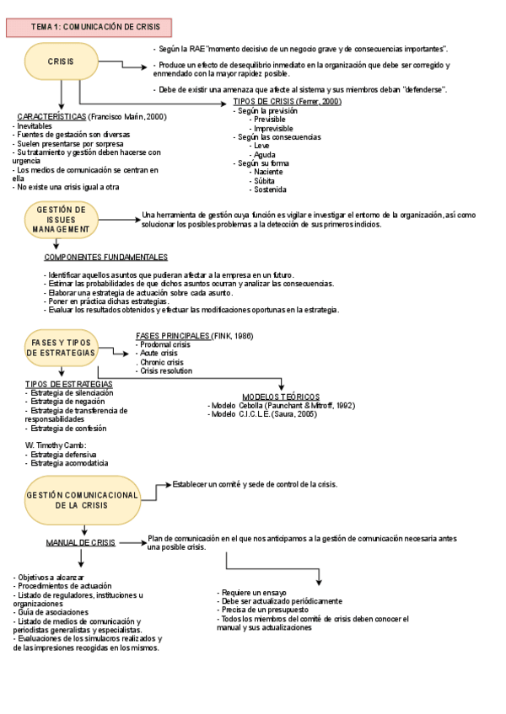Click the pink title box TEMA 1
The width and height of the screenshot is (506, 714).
point(89,27)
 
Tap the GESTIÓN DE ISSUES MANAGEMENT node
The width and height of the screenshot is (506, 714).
point(61,219)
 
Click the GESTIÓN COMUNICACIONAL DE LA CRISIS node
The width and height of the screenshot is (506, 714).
point(82,499)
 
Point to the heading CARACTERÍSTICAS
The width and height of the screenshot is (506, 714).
point(51,116)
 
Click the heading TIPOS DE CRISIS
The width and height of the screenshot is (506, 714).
point(263,102)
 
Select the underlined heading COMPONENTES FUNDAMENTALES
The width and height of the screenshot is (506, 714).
point(105,257)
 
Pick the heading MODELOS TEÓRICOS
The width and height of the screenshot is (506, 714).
point(281,396)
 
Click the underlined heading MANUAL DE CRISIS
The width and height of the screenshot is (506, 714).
point(81,542)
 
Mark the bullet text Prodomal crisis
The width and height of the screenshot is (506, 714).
point(165,344)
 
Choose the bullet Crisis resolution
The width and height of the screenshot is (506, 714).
point(166,370)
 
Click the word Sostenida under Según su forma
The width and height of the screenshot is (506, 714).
point(269,189)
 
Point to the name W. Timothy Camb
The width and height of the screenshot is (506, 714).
point(56,445)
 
